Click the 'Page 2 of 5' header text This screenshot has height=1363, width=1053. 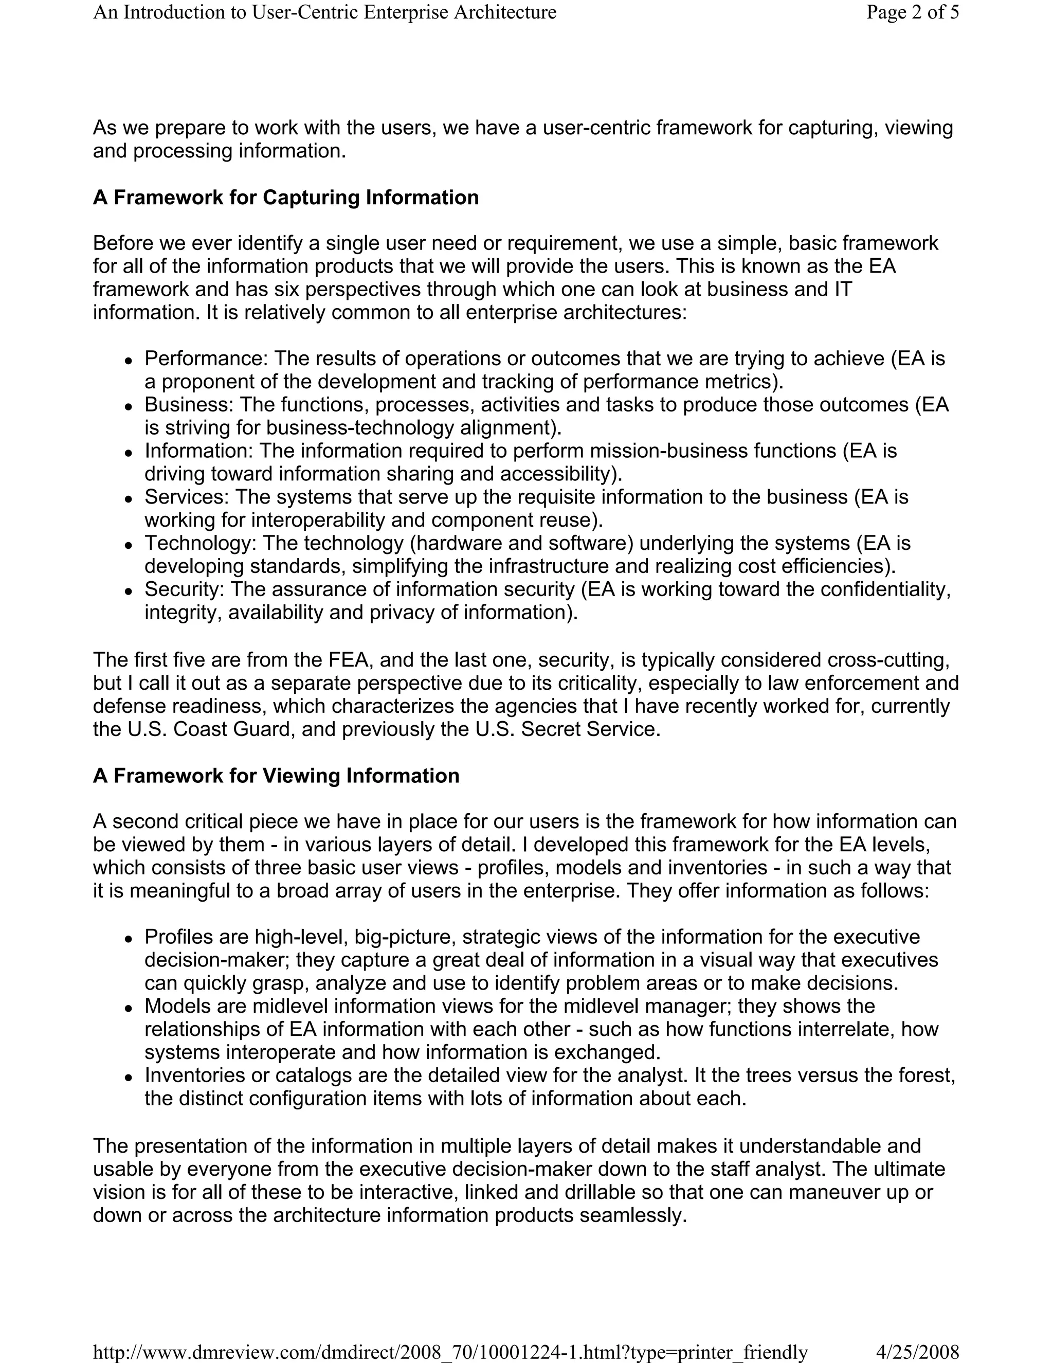click(x=912, y=12)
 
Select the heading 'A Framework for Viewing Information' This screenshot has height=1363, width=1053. click(x=276, y=775)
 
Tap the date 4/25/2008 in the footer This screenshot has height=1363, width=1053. click(x=917, y=1352)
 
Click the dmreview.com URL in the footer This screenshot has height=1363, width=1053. click(x=450, y=1352)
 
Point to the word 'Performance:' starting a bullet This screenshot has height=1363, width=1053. click(x=206, y=359)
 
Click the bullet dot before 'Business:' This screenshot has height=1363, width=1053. click(x=129, y=406)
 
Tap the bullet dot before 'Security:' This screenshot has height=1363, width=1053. click(x=129, y=591)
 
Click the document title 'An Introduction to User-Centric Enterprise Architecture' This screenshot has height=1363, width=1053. click(x=324, y=12)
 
